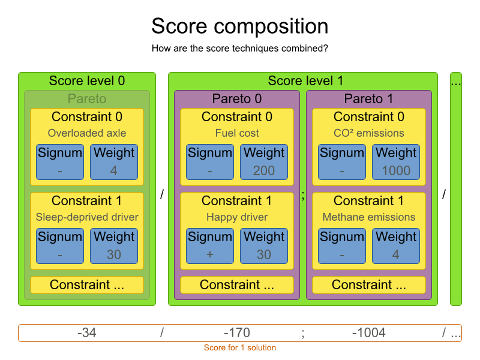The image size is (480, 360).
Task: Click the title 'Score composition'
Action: coord(239,26)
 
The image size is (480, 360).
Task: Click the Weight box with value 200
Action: coord(264,162)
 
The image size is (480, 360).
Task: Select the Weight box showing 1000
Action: coord(396,162)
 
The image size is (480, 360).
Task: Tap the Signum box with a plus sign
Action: coord(210,246)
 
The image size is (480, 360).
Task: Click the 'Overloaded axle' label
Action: coord(87,133)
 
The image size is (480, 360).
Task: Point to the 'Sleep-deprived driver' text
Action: coord(87,217)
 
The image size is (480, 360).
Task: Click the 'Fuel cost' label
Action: coord(237,133)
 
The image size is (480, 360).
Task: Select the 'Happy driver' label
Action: coord(237,217)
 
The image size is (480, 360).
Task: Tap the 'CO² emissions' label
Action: coord(369,133)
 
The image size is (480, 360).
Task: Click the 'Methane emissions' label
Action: coord(369,217)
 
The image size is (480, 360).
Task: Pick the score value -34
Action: coord(87,333)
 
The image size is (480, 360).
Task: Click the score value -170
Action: coord(236,333)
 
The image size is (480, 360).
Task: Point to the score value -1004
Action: coord(369,333)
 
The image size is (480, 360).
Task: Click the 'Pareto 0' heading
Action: coord(237,98)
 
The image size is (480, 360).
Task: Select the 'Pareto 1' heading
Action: coord(369,98)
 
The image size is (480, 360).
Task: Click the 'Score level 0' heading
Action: coord(87,80)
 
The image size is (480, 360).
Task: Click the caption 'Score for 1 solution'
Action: coord(240,348)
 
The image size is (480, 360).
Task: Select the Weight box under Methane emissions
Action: coord(396,246)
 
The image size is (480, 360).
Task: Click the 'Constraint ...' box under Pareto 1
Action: coord(369,285)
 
